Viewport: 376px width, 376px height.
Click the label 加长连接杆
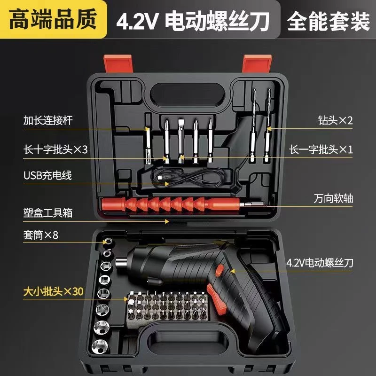pyautogui.click(x=49, y=119)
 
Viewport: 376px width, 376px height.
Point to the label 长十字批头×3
pyautogui.click(x=55, y=149)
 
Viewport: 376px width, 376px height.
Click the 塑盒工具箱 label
pyautogui.click(x=49, y=212)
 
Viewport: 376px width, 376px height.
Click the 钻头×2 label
pyautogui.click(x=335, y=119)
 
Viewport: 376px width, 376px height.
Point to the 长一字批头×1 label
pyautogui.click(x=321, y=149)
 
